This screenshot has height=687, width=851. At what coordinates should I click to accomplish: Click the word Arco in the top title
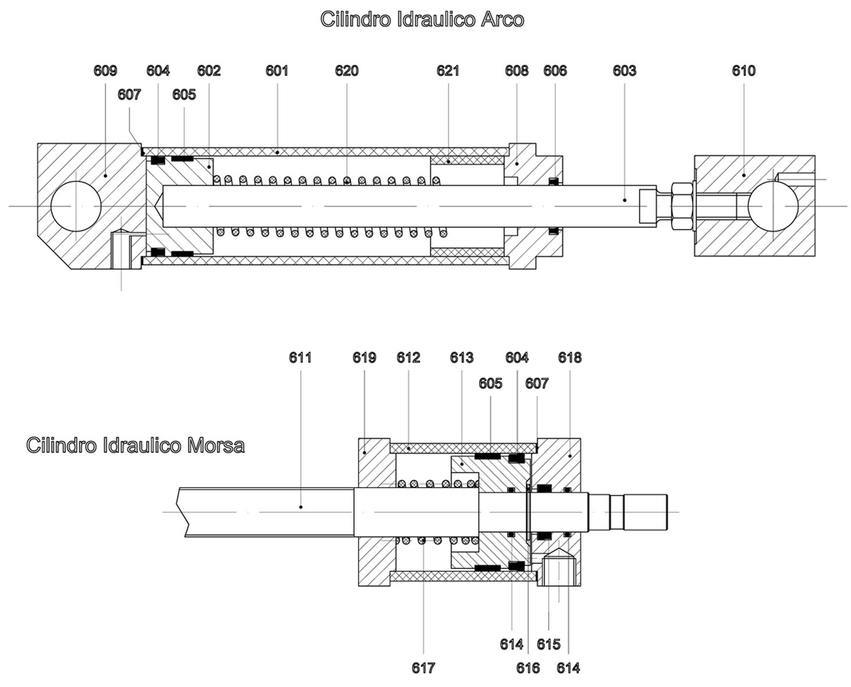(x=502, y=19)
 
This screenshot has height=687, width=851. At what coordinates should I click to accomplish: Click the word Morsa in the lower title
(x=216, y=446)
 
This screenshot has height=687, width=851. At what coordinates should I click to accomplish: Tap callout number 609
(x=105, y=71)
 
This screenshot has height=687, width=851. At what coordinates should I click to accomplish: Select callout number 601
(x=277, y=71)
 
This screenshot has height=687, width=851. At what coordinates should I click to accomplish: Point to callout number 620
(x=346, y=71)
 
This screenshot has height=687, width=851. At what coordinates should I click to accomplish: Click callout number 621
(x=448, y=71)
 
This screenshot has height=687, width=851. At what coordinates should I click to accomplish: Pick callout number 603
(x=624, y=71)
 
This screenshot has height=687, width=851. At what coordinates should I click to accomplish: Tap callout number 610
(x=743, y=71)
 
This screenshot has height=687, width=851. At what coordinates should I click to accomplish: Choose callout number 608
(x=516, y=71)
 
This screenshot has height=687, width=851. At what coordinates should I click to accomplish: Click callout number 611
(x=301, y=357)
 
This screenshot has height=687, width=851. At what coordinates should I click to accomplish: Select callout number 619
(x=364, y=357)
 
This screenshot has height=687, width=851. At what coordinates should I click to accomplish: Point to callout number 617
(x=423, y=668)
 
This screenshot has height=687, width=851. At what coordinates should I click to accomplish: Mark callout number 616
(x=528, y=668)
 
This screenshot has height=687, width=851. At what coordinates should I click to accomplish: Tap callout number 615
(x=548, y=644)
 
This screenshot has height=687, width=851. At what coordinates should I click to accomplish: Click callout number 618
(x=570, y=357)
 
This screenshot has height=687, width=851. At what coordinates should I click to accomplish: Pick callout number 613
(x=462, y=357)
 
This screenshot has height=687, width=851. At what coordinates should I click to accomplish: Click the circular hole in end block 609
(x=76, y=206)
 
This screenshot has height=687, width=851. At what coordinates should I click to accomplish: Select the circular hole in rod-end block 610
(x=773, y=206)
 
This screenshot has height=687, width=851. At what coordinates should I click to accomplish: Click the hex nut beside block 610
(x=681, y=206)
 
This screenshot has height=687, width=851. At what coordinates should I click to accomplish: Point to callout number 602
(x=209, y=71)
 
